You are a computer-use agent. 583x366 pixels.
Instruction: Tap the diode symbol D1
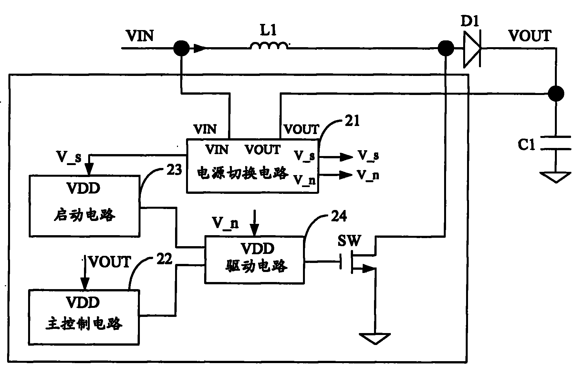coord(472,49)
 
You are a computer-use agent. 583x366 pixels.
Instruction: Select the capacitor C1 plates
coord(556,143)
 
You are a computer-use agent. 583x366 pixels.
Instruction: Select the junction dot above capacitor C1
coord(556,94)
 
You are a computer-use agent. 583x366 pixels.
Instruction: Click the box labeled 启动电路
coord(85,206)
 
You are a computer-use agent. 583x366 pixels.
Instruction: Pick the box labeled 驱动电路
coord(255,260)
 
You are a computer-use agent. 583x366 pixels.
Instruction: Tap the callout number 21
coord(351,121)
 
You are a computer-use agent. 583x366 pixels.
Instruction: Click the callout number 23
coord(174,170)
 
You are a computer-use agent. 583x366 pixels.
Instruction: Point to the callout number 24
coord(339,216)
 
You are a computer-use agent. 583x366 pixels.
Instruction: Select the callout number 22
coord(164,259)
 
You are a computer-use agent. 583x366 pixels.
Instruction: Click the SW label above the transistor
coord(349,241)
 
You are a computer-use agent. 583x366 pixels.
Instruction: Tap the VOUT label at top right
coord(530,36)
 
